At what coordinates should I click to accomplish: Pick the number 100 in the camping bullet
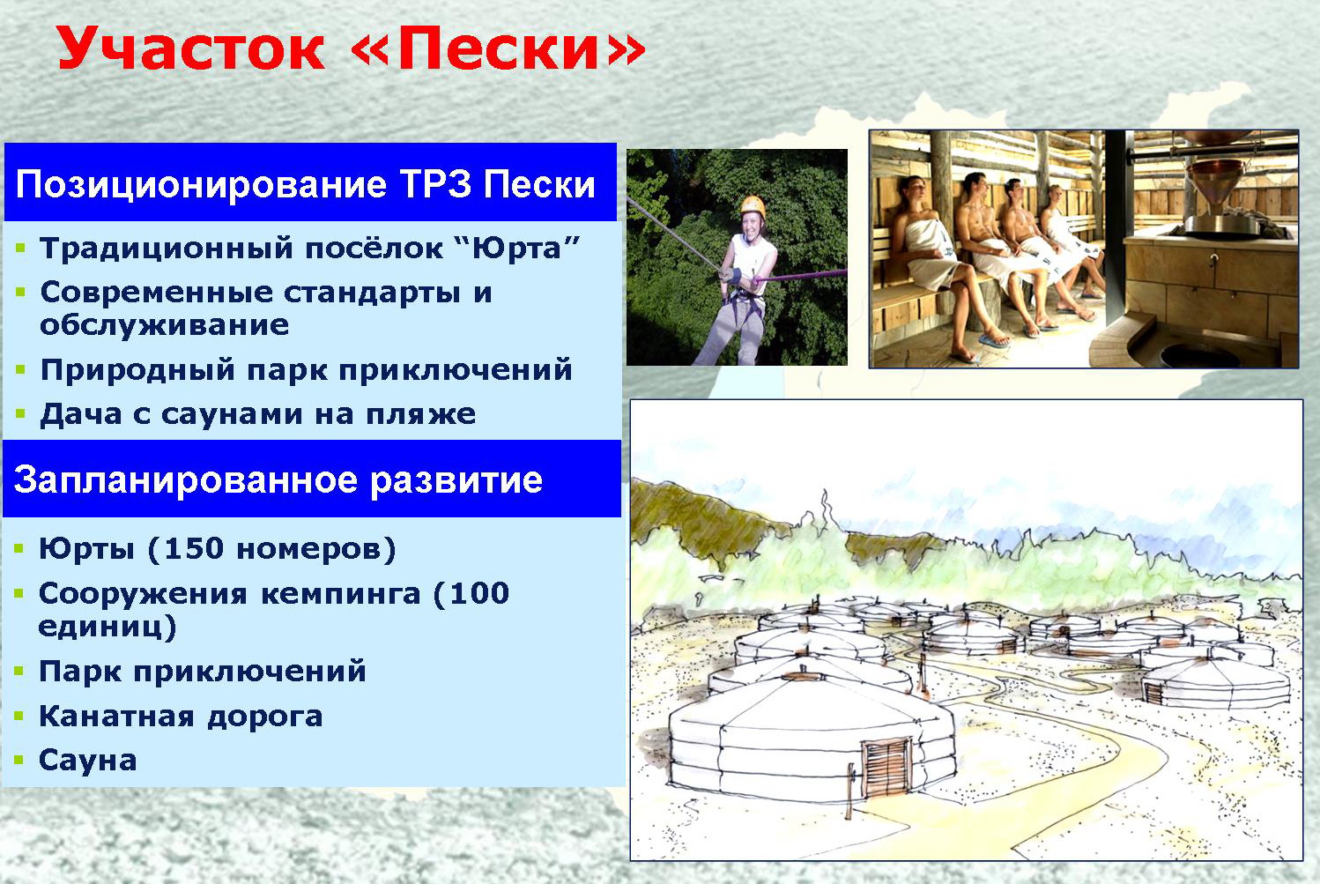(x=479, y=593)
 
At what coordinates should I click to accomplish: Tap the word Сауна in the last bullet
(x=88, y=761)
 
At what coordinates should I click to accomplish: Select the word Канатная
(x=116, y=716)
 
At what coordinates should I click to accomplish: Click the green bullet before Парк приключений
(x=19, y=672)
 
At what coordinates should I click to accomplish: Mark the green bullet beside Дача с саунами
(x=20, y=413)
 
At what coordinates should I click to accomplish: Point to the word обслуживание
(x=165, y=325)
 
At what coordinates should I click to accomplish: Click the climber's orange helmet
(x=753, y=205)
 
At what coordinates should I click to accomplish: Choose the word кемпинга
(x=341, y=594)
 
